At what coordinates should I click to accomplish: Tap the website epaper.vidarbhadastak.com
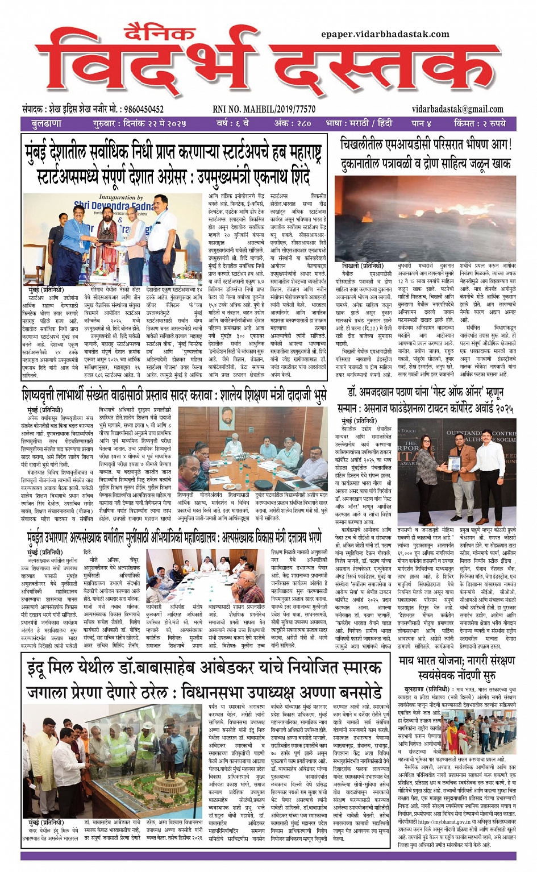[385, 34]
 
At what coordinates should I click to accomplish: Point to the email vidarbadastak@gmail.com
[457, 109]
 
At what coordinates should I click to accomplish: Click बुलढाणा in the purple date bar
[47, 123]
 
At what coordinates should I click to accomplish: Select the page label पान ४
[422, 123]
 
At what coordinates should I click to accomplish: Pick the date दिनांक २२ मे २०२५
[154, 123]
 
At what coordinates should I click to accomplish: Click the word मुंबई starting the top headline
[39, 152]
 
